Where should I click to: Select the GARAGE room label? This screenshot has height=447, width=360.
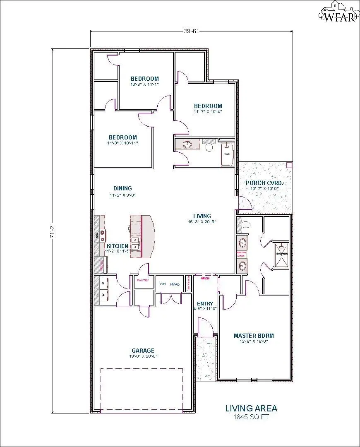click(143, 351)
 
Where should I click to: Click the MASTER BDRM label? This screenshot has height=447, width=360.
click(254, 336)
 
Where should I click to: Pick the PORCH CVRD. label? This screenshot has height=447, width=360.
click(264, 183)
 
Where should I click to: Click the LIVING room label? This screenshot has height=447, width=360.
click(202, 216)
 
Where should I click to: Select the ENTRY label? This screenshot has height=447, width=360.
click(205, 304)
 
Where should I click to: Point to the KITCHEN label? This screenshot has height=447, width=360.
click(117, 246)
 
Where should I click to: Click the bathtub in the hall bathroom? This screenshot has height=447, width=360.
click(227, 154)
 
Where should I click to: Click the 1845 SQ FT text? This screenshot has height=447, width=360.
click(251, 417)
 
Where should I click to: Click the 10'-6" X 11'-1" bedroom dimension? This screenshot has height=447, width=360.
click(144, 84)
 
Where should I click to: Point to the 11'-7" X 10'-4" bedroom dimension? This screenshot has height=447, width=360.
click(208, 111)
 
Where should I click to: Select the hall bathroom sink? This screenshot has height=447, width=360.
click(188, 144)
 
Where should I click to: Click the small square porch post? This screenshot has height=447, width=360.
click(289, 165)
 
